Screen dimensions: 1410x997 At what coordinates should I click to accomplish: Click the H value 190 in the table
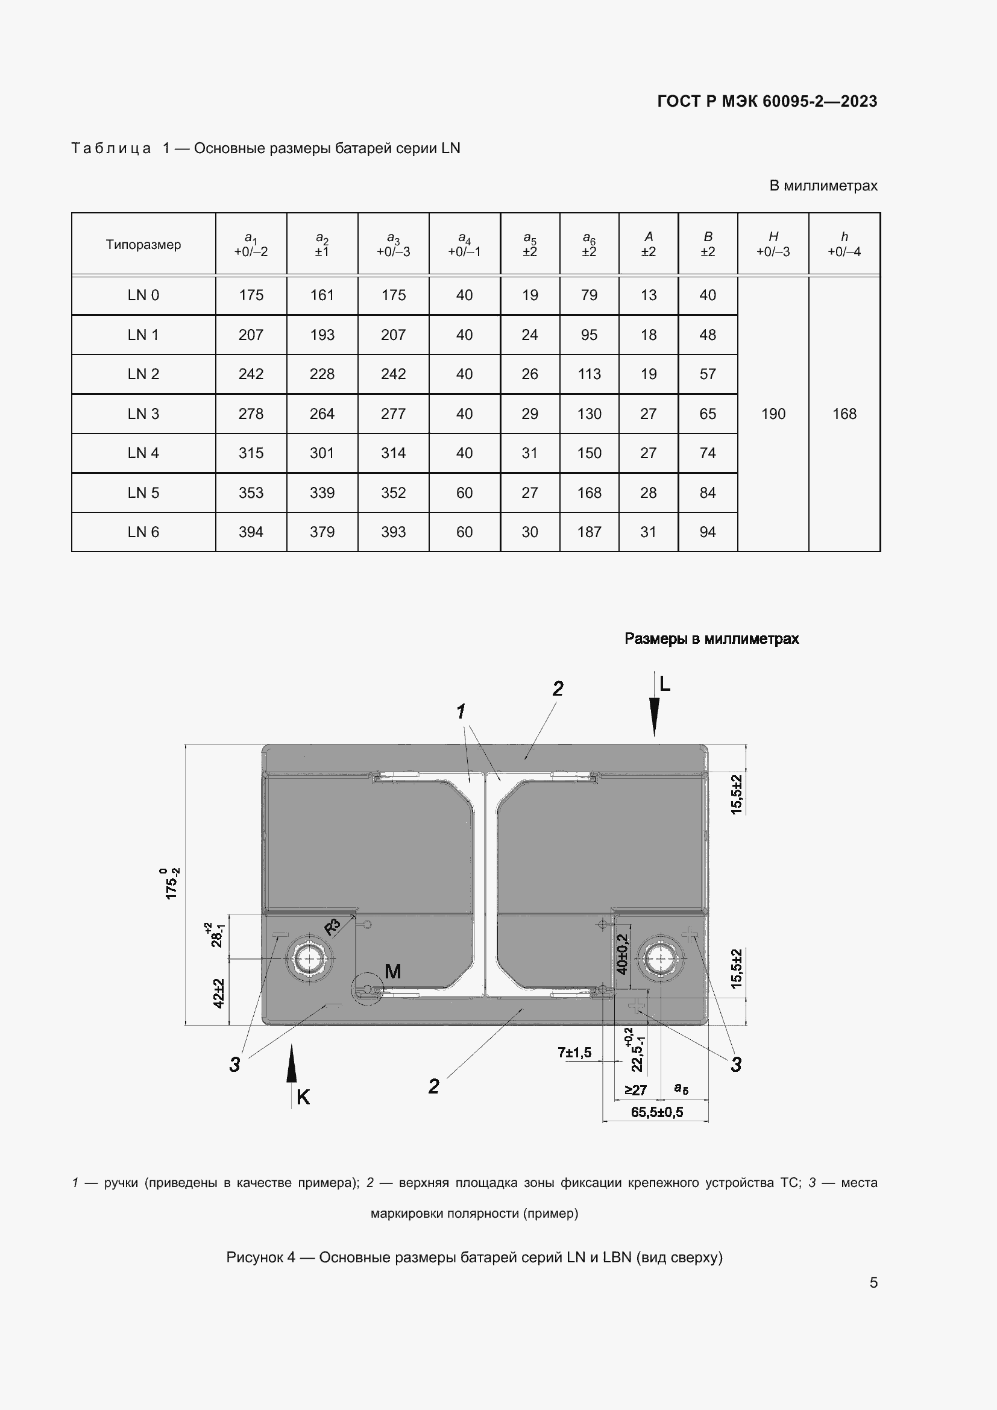pyautogui.click(x=773, y=414)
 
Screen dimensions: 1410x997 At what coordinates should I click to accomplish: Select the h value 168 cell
pyautogui.click(x=844, y=414)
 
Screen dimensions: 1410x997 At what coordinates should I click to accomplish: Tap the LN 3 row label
pyautogui.click(x=143, y=414)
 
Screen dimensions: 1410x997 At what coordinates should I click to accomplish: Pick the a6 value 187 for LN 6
pyautogui.click(x=589, y=532)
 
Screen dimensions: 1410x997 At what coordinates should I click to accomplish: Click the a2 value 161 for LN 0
pyautogui.click(x=322, y=295)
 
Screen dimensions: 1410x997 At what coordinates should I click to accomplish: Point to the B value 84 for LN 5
pyautogui.click(x=707, y=493)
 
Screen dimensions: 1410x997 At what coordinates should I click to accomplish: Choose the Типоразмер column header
pyautogui.click(x=143, y=244)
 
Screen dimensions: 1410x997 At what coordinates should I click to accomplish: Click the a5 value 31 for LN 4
pyautogui.click(x=529, y=453)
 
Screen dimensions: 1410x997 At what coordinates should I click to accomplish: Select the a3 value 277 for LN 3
pyautogui.click(x=393, y=414)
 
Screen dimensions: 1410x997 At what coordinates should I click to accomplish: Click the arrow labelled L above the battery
pyautogui.click(x=655, y=713)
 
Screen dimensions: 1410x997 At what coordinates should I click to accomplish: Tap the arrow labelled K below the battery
pyautogui.click(x=292, y=1066)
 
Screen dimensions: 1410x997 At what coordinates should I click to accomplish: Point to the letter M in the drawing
pyautogui.click(x=392, y=971)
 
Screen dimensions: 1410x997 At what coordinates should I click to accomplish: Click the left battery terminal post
pyautogui.click(x=309, y=959)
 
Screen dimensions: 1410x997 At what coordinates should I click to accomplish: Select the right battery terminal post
pyautogui.click(x=660, y=959)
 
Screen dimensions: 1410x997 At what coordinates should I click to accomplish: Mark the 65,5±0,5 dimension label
pyautogui.click(x=656, y=1112)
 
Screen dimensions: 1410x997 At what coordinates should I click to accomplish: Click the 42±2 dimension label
pyautogui.click(x=219, y=992)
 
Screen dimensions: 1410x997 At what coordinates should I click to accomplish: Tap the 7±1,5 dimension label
pyautogui.click(x=574, y=1053)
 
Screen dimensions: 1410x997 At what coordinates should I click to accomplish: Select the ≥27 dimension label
pyautogui.click(x=635, y=1090)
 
